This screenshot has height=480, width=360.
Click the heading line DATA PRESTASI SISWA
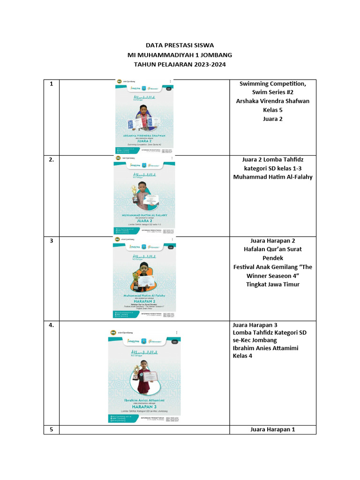pyautogui.click(x=180, y=45)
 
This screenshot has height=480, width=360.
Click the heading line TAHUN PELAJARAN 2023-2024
pyautogui.click(x=180, y=64)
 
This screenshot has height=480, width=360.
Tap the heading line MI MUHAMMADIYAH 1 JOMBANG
pyautogui.click(x=180, y=55)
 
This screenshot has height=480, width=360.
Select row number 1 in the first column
pyautogui.click(x=51, y=84)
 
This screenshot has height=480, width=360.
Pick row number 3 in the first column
pyautogui.click(x=51, y=241)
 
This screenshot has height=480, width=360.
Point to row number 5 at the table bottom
pyautogui.click(x=51, y=429)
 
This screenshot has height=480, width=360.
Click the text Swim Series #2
pyautogui.click(x=272, y=92)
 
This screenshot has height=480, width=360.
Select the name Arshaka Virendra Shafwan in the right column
pyautogui.click(x=272, y=101)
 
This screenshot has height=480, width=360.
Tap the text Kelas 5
pyautogui.click(x=272, y=110)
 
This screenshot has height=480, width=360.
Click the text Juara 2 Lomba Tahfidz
pyautogui.click(x=272, y=159)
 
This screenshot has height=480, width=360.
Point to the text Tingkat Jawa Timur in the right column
pyautogui.click(x=272, y=285)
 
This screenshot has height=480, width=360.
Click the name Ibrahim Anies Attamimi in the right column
pyautogui.click(x=265, y=348)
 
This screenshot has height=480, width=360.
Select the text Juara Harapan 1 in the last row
pyautogui.click(x=272, y=429)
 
